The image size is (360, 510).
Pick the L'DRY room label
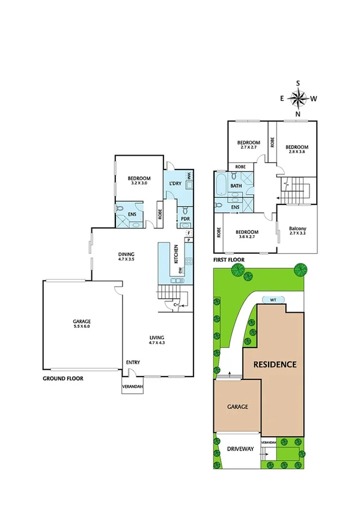pyautogui.click(x=175, y=183)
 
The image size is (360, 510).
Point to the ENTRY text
pyautogui.click(x=133, y=363)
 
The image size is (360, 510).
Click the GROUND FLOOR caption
pyautogui.click(x=63, y=379)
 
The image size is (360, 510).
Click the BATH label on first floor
pyautogui.click(x=236, y=186)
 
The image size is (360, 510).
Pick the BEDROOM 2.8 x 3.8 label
pyautogui.click(x=296, y=149)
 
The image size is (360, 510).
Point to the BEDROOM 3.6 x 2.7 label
pyautogui.click(x=246, y=235)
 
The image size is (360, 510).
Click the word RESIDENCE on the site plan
pyautogui.click(x=274, y=364)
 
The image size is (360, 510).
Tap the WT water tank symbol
pyautogui.click(x=272, y=300)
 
